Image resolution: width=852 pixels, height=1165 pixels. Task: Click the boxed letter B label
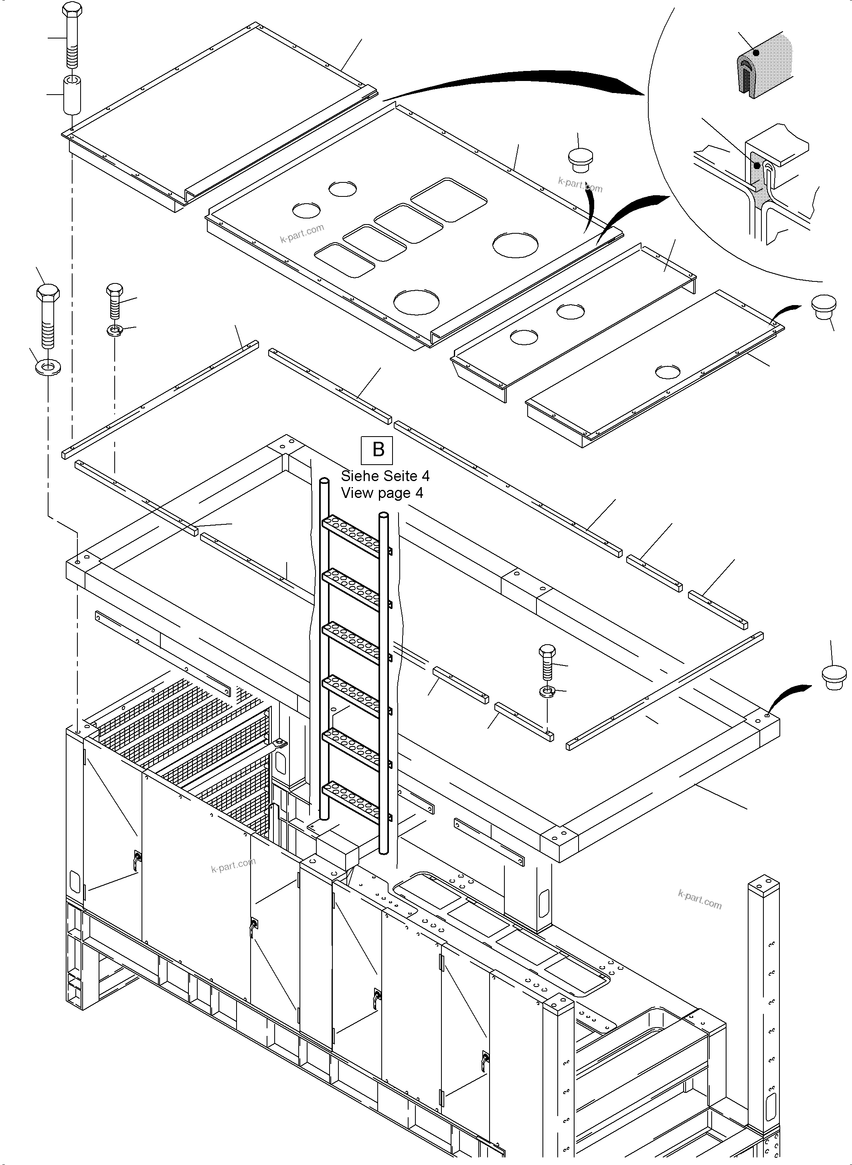tap(378, 450)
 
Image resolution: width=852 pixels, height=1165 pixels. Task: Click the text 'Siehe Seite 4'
tap(385, 475)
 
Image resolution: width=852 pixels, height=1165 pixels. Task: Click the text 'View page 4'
tap(382, 493)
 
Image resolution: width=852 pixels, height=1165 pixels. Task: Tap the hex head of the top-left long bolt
tap(72, 10)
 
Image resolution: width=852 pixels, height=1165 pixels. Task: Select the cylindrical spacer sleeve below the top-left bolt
tap(73, 95)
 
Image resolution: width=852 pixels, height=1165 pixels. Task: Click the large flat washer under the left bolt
tap(47, 368)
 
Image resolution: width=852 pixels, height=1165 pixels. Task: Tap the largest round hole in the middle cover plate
tap(516, 245)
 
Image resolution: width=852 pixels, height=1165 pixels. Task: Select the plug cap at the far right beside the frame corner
tap(834, 678)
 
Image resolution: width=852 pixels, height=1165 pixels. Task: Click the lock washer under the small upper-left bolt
tap(115, 330)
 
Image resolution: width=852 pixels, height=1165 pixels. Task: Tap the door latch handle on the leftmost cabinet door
tap(137, 858)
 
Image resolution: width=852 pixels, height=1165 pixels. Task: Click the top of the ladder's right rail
tap(383, 515)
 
